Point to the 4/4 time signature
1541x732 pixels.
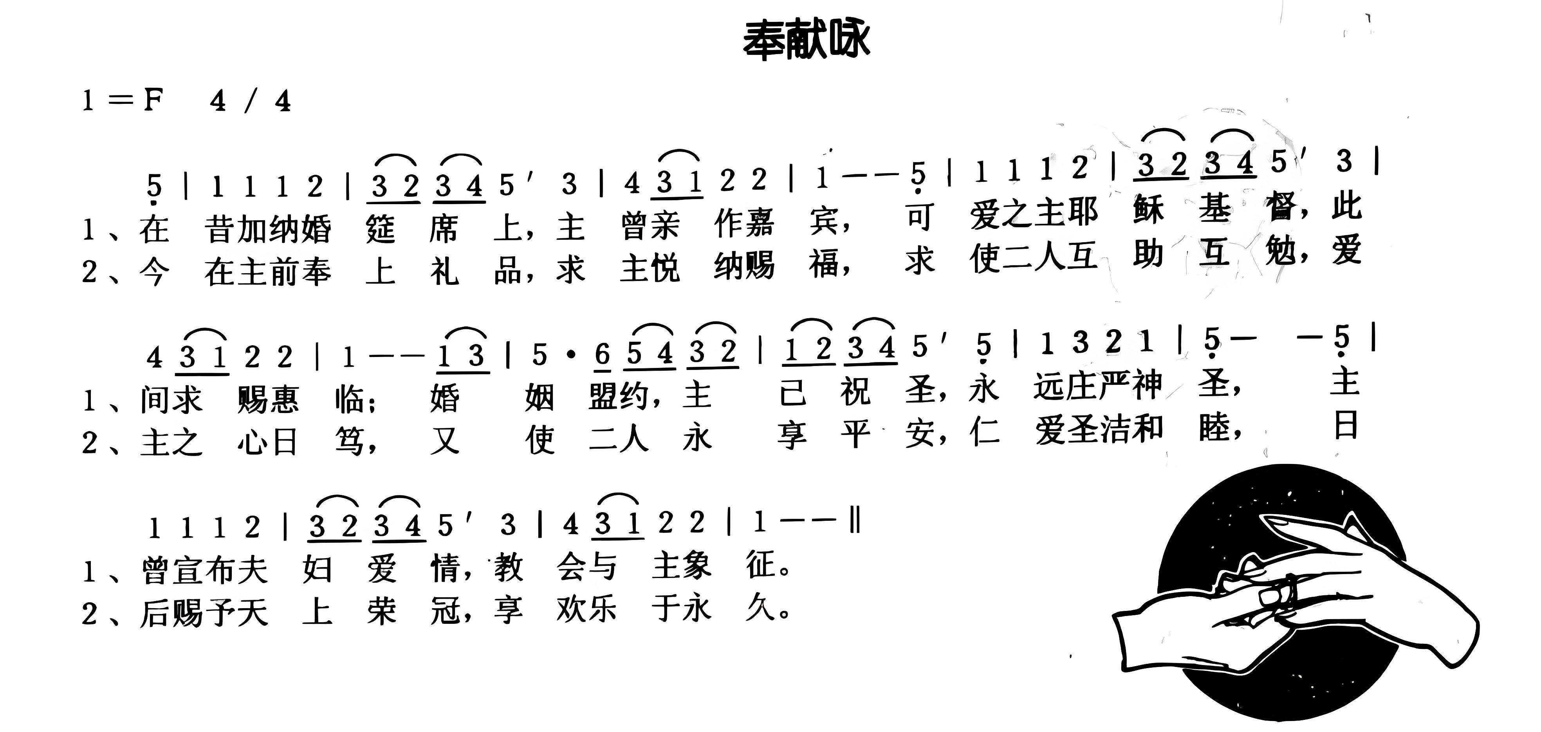click(250, 101)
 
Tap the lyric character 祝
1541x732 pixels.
click(855, 392)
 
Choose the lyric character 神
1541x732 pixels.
click(1148, 384)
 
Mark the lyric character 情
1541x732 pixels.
click(445, 568)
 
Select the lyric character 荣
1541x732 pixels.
click(382, 612)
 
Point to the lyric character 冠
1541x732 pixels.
click(445, 611)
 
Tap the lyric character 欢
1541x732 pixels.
click(571, 610)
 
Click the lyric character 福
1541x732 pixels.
click(825, 265)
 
